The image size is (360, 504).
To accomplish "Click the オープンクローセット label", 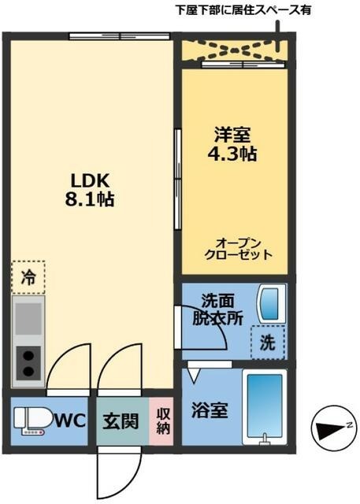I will coord(238,249).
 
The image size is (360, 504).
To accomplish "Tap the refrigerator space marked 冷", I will coord(28,277).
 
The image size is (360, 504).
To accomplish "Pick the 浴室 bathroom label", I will coord(210,410).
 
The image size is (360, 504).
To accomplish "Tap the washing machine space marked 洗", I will coord(267,343).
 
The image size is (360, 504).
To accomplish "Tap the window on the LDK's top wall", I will coord(118,35).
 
